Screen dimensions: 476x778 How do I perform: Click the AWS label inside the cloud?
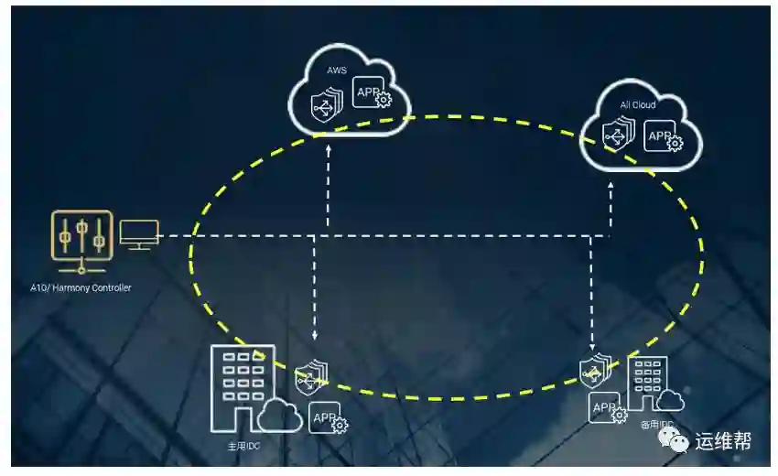click(x=337, y=70)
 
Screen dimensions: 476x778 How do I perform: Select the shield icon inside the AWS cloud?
click(x=324, y=105)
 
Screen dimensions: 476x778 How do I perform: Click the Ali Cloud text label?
click(x=638, y=105)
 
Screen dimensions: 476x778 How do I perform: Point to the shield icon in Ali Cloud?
click(x=616, y=136)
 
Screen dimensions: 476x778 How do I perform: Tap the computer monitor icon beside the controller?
click(x=139, y=235)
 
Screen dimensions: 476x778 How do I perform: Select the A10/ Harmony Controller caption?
click(x=81, y=288)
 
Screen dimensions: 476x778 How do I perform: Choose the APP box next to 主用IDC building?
click(x=326, y=417)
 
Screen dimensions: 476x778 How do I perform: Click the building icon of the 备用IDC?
click(x=648, y=383)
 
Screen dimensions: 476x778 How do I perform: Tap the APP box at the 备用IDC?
click(x=605, y=408)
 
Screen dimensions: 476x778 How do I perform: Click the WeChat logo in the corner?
click(x=678, y=443)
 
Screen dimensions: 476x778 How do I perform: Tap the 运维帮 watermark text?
click(x=724, y=442)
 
